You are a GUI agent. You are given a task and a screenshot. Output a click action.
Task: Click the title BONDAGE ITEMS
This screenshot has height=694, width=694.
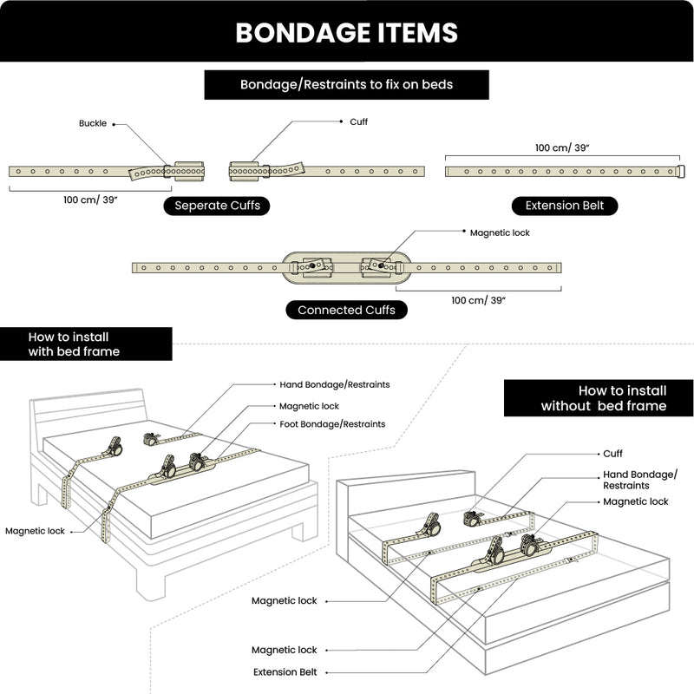point(347,32)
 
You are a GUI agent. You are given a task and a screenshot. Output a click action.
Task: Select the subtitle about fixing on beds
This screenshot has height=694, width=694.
point(347,85)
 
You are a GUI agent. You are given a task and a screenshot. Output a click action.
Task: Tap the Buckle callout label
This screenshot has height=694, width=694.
point(93,124)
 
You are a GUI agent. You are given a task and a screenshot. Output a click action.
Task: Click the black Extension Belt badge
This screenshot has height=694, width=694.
point(564,206)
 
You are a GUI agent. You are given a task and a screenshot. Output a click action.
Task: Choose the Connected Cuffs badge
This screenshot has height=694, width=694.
point(346,310)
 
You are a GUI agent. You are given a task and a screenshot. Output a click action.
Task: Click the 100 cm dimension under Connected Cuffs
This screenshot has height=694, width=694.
point(478,300)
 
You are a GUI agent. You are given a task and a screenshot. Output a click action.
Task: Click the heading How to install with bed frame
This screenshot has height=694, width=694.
point(74,344)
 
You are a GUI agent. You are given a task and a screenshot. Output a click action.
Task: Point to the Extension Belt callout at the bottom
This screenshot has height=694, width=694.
point(285,672)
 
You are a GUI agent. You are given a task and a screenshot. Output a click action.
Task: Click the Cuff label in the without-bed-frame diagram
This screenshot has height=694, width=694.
point(612,454)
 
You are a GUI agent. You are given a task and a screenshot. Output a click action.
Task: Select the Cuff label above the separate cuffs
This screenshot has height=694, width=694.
point(358,122)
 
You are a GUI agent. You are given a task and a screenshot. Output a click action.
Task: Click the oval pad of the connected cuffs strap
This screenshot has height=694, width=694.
point(347,268)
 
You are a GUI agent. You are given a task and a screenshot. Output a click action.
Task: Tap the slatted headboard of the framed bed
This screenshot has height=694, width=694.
point(87,412)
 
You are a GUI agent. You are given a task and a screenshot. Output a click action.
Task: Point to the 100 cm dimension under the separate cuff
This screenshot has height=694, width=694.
point(90,200)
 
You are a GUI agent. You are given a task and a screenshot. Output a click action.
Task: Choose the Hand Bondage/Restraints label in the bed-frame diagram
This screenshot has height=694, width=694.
point(334,384)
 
